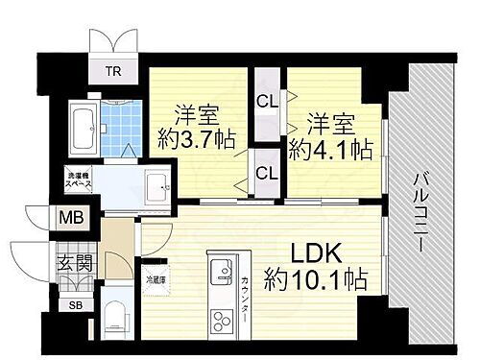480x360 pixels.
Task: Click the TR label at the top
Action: click(113, 69)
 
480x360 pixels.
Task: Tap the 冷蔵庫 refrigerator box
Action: click(155, 280)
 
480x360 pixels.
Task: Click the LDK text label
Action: click(318, 253)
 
